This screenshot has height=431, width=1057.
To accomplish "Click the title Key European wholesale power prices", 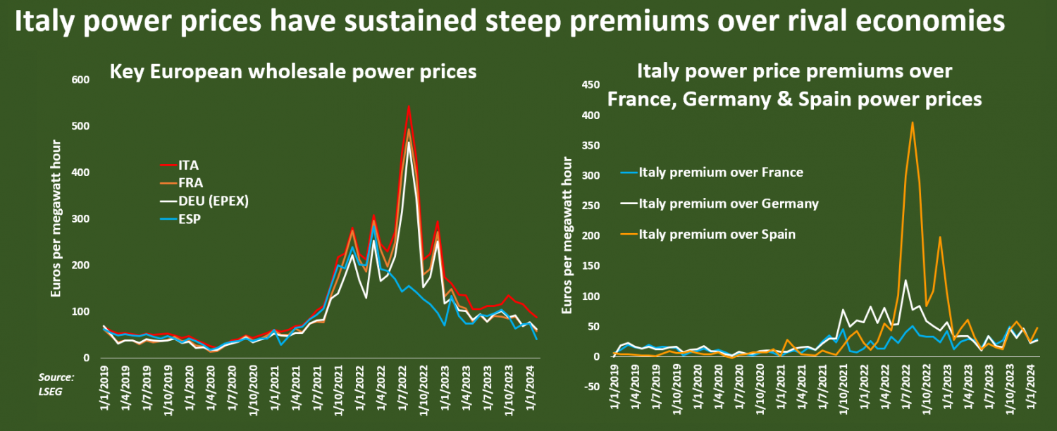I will (x=292, y=72).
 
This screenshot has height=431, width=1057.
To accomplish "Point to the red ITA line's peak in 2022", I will (x=409, y=106).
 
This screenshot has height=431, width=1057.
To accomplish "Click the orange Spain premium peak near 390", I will (x=912, y=123).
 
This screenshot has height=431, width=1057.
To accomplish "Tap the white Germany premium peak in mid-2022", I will (x=905, y=280).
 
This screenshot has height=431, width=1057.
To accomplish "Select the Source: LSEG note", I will (x=57, y=384).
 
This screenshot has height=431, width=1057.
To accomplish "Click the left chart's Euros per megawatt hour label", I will (x=57, y=218).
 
